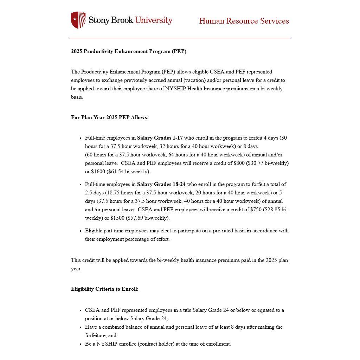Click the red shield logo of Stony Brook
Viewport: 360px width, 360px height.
(78, 20)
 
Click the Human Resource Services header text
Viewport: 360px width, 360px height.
(244, 21)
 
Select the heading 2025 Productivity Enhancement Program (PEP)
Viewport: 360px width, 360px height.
(129, 51)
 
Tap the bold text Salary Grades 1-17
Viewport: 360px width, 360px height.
(160, 138)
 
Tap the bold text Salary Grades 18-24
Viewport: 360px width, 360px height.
(161, 184)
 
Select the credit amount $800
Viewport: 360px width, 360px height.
(239, 163)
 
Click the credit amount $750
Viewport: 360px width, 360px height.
(256, 210)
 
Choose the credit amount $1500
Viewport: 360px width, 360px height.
(117, 218)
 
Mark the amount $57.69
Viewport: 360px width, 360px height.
(135, 218)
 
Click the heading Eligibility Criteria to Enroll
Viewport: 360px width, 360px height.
(105, 289)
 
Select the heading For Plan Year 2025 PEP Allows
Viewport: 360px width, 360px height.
(110, 117)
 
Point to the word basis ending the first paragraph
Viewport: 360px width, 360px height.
(77, 97)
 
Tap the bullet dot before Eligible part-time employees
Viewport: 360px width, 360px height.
(81, 231)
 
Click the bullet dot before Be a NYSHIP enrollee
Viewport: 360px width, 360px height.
(81, 345)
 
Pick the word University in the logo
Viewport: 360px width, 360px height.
(154, 20)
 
